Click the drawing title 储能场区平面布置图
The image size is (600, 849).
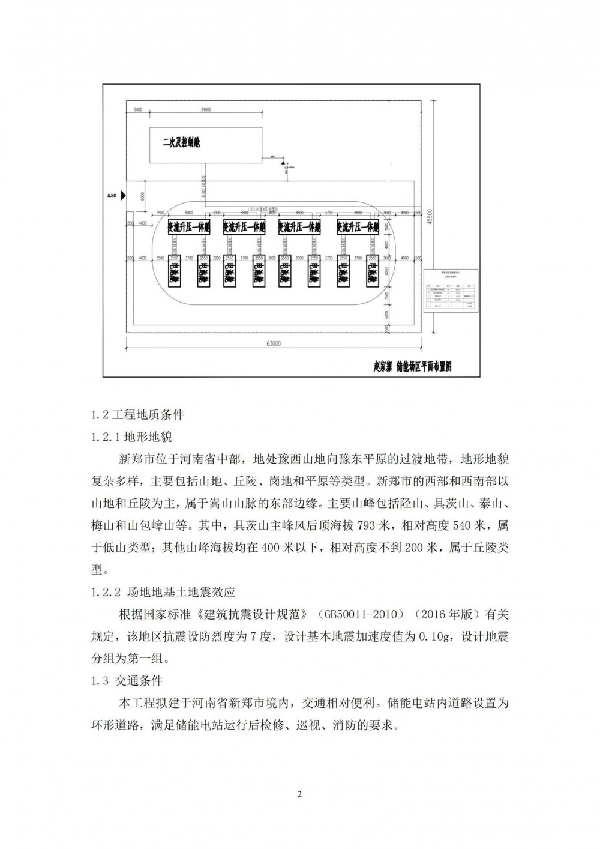(412, 366)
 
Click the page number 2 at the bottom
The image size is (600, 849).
(300, 796)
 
